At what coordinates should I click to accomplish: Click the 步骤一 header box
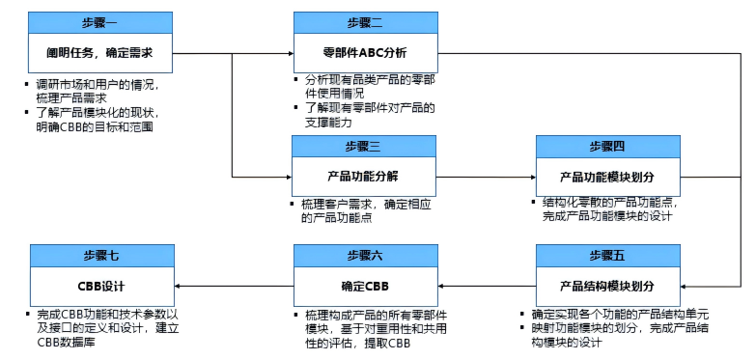(101, 22)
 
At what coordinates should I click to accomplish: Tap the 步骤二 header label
(364, 22)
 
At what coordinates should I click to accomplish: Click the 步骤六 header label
(364, 255)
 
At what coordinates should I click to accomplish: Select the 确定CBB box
(364, 287)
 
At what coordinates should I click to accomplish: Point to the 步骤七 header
(101, 255)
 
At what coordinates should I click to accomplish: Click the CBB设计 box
(101, 287)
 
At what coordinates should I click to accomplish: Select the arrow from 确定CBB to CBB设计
(233, 287)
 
